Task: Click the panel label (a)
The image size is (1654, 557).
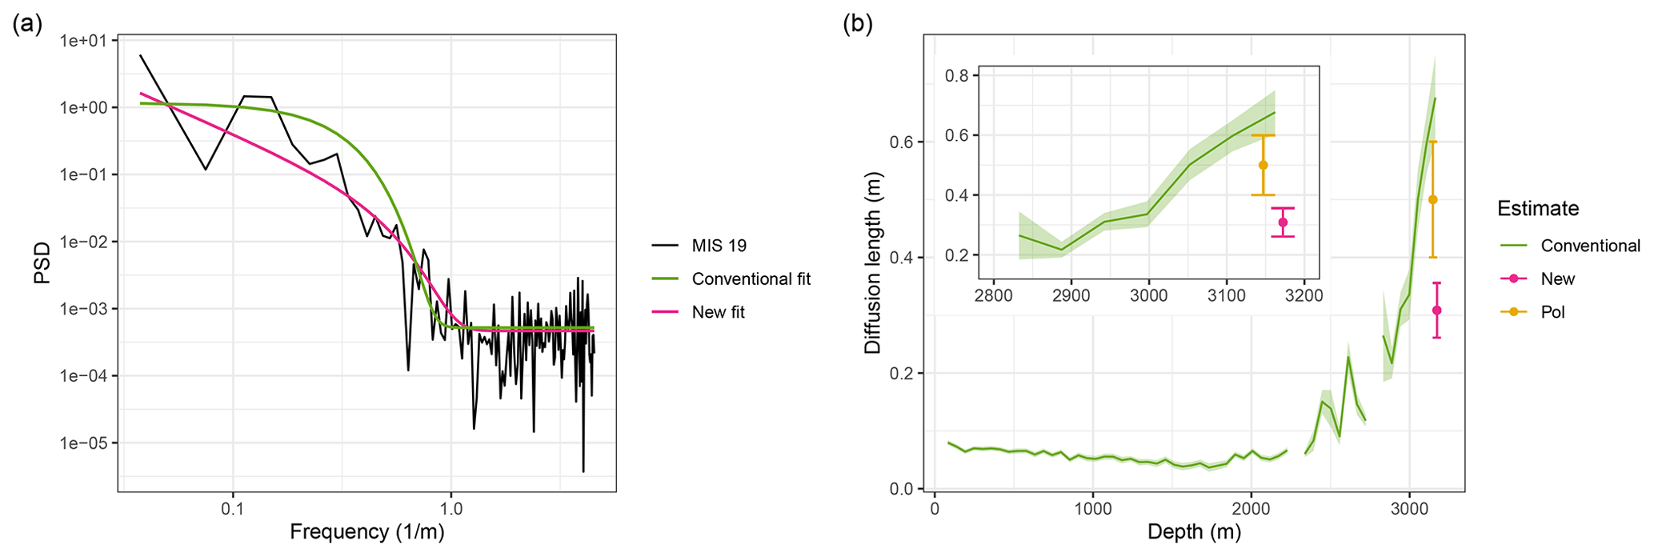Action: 27,24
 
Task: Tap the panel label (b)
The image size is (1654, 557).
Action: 858,24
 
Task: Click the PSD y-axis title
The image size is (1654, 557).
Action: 42,262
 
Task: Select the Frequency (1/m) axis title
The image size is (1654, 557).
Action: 366,531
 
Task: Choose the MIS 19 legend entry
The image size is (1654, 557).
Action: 719,246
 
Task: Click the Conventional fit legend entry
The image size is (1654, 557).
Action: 751,278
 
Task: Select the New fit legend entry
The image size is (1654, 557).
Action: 718,312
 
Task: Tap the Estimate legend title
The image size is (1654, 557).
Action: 1538,209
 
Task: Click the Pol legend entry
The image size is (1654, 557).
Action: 1552,312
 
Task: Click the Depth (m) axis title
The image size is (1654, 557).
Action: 1194,531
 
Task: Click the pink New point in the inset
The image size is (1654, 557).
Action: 1283,222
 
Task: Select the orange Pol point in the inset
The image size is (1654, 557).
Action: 1264,165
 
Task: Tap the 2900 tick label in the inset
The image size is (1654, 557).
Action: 1071,295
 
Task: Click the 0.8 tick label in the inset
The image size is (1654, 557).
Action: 957,76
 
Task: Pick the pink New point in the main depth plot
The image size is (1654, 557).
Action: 1436,311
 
